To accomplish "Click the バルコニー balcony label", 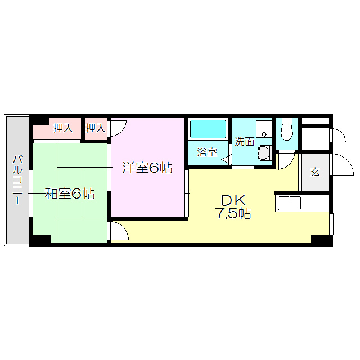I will click(x=17, y=179).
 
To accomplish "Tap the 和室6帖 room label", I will click(x=69, y=194).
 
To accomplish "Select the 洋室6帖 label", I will click(x=147, y=168).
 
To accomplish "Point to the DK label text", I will click(x=232, y=200).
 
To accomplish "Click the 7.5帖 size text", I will click(x=232, y=214).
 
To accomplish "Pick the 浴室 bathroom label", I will click(x=206, y=152).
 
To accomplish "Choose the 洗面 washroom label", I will click(x=244, y=142).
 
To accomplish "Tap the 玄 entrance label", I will click(x=315, y=172).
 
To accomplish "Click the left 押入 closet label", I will click(x=63, y=128).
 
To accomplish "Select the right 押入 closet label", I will click(x=96, y=128).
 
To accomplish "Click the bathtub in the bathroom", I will click(x=208, y=129).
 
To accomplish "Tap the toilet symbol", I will click(x=287, y=130).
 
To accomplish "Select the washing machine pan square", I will click(x=264, y=129).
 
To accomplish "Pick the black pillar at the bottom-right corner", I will click(x=322, y=240).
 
